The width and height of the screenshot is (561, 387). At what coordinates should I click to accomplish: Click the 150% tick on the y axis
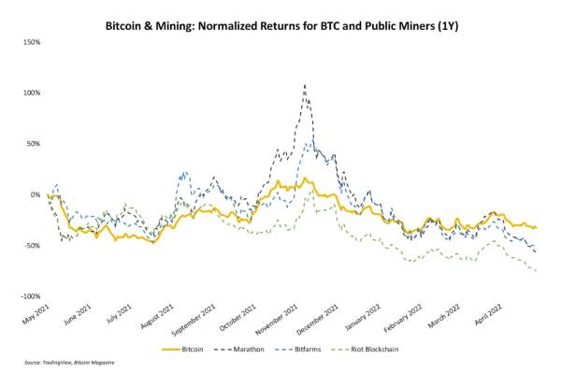(31, 42)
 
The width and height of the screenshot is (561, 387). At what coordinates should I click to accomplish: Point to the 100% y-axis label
(31, 93)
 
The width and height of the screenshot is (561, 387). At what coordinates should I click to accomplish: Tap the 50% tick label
(33, 144)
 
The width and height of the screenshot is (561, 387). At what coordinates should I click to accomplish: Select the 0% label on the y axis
(36, 194)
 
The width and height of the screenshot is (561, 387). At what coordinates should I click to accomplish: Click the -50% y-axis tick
(32, 246)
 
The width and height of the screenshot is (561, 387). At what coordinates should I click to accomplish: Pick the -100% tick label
(30, 296)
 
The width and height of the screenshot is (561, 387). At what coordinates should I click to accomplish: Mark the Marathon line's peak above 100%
(305, 85)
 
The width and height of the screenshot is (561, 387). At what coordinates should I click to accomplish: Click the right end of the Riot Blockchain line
(536, 271)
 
